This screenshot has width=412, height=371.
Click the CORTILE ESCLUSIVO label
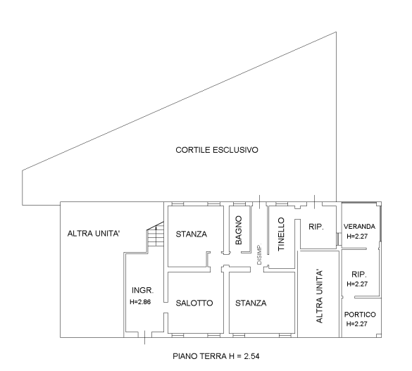pos(217,150)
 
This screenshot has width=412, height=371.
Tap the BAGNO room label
pos(239,230)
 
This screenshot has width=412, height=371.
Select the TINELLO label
pos(281,234)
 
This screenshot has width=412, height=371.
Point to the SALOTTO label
pos(194,303)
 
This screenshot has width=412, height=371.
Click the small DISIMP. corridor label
pos(259,254)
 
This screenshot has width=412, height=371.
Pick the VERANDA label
pos(359,226)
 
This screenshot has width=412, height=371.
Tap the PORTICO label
pos(360,314)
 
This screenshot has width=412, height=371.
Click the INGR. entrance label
pos(143,290)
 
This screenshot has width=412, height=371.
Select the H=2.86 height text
pos(140,302)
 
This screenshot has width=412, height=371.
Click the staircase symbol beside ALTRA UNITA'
pos(155,234)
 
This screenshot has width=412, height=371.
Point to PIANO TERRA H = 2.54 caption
pos(216,356)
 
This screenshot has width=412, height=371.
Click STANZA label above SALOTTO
pos(192,234)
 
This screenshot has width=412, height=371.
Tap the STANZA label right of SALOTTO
pos(251,303)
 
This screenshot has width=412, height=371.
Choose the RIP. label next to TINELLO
pos(316,227)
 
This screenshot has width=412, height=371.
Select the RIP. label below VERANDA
pos(359,275)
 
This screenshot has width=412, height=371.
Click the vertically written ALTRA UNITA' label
pos(319,296)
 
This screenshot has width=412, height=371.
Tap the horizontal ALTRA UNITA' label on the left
pos(94,234)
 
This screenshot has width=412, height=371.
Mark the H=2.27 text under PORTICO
pos(357,324)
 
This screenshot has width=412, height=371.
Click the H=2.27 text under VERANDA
pos(357,237)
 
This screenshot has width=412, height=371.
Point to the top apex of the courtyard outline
pos(336,32)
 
